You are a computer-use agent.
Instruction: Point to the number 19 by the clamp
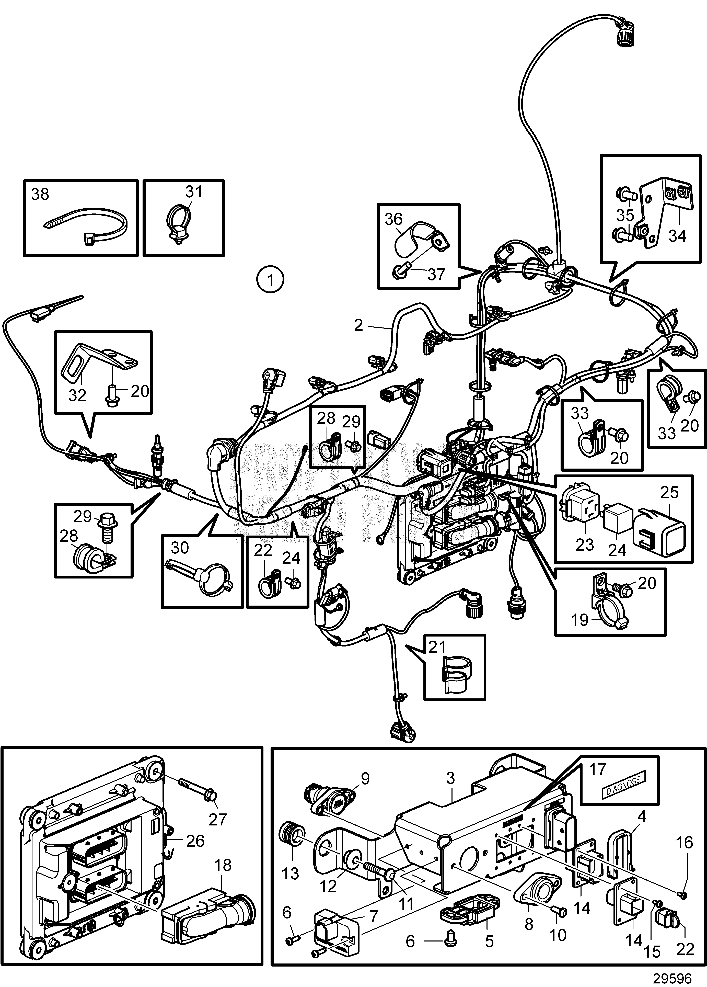pyautogui.click(x=579, y=620)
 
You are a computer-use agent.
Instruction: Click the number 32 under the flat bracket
pyautogui.click(x=77, y=395)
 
